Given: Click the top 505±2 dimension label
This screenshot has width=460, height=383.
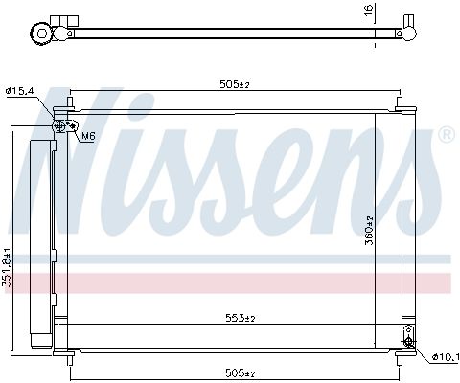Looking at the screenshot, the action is pyautogui.click(x=235, y=84).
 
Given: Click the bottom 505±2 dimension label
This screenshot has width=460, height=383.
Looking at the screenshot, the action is pyautogui.click(x=241, y=372).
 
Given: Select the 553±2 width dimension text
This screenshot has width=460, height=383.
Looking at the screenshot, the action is pyautogui.click(x=241, y=318).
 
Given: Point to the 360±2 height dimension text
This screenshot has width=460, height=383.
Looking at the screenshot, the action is pyautogui.click(x=369, y=231).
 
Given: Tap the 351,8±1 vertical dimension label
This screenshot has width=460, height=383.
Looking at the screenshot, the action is pyautogui.click(x=8, y=266).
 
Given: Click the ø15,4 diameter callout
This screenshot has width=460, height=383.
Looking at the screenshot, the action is pyautogui.click(x=19, y=91).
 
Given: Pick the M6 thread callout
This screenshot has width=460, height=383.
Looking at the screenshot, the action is pyautogui.click(x=88, y=137).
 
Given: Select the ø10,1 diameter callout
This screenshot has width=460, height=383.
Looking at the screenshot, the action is pyautogui.click(x=446, y=357).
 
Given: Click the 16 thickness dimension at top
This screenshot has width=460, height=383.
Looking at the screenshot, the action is pyautogui.click(x=369, y=11).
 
